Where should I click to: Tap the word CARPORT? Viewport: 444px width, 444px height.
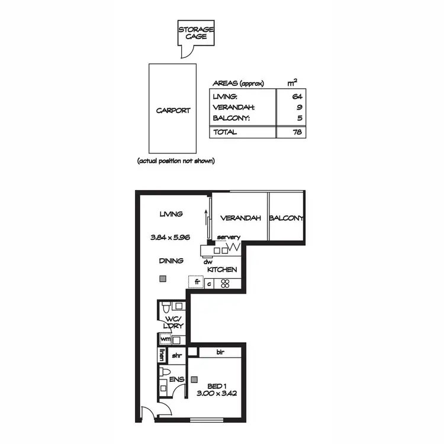(x=173, y=110)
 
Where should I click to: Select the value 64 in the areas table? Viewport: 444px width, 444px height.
(x=297, y=96)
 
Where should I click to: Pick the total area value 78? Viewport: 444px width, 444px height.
(x=297, y=132)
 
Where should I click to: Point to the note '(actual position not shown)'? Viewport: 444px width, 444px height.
(x=176, y=160)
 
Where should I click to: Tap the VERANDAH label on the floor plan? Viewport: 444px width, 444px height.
(x=240, y=218)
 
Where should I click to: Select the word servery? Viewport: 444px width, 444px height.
(x=229, y=237)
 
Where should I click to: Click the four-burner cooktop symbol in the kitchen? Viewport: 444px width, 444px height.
(x=225, y=283)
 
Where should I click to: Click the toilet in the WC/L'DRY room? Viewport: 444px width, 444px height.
(x=166, y=308)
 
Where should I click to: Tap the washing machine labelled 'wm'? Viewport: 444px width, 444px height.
(x=165, y=339)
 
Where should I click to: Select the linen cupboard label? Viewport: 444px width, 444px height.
(x=161, y=355)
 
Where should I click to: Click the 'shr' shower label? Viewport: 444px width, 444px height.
(x=176, y=355)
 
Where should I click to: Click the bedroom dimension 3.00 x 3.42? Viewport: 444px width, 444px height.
(x=217, y=392)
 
